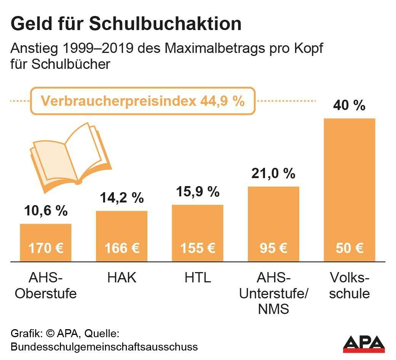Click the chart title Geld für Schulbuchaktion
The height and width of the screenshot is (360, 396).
(x=126, y=24)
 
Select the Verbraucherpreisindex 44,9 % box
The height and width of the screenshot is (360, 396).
(x=143, y=101)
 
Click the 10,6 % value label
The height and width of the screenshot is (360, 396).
(x=46, y=210)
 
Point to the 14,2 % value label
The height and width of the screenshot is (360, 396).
(x=121, y=198)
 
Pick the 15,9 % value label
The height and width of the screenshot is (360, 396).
(x=198, y=192)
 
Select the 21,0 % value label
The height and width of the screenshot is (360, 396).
(x=273, y=174)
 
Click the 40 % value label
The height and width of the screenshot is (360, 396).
(x=349, y=105)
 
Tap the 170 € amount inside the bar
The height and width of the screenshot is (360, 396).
(x=46, y=248)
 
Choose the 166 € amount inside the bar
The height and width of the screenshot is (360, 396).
(x=121, y=248)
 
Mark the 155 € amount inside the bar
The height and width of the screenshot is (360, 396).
(x=198, y=248)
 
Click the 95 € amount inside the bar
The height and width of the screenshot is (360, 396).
(x=273, y=248)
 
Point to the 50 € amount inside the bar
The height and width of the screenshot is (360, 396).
(x=349, y=248)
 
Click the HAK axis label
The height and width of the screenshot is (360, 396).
(x=121, y=278)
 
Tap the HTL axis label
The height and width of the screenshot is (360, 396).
(x=198, y=278)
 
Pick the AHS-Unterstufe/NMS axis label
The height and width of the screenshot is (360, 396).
(x=273, y=293)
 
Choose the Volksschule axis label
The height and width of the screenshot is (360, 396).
(x=349, y=285)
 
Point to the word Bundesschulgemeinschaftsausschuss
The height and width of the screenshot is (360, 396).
(x=104, y=347)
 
